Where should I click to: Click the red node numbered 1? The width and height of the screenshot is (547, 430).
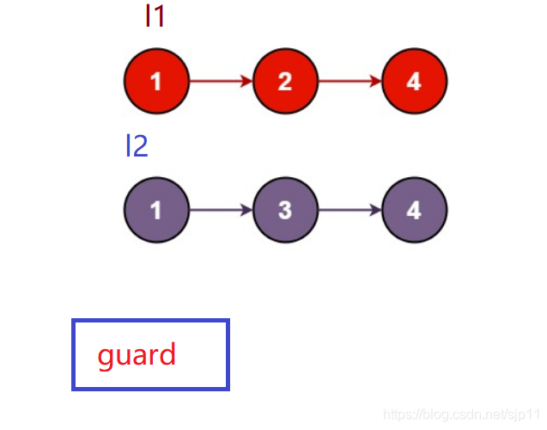[x=156, y=81]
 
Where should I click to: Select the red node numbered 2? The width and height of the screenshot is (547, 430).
[x=285, y=81]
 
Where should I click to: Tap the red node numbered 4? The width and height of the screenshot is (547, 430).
[x=415, y=81]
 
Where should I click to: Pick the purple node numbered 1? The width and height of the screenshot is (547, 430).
[x=156, y=210]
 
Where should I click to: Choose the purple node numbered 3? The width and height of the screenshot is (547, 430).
[x=285, y=210]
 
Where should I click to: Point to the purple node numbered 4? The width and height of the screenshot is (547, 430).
[x=415, y=210]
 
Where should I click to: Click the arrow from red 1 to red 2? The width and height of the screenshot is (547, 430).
[x=222, y=81]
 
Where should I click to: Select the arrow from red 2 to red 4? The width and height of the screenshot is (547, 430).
[x=349, y=81]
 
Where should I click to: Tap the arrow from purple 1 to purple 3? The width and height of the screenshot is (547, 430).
[x=222, y=210]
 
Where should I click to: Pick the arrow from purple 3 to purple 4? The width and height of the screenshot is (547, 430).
[x=349, y=210]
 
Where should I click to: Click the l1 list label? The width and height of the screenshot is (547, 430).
[x=155, y=16]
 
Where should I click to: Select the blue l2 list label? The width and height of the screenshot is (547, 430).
[x=137, y=145]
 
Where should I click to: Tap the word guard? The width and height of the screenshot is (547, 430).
[x=137, y=355]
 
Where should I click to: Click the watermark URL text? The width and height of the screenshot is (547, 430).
[x=461, y=415]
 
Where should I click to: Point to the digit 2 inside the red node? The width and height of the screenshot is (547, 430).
[x=285, y=82]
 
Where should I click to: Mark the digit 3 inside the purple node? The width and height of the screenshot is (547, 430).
[x=285, y=211]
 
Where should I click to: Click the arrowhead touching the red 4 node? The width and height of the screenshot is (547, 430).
[x=376, y=81]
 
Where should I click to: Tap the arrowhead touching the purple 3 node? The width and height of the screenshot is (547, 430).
[x=246, y=210]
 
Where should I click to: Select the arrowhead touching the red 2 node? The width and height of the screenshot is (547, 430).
[x=246, y=81]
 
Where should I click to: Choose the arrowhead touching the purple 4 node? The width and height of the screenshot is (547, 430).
[x=376, y=210]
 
